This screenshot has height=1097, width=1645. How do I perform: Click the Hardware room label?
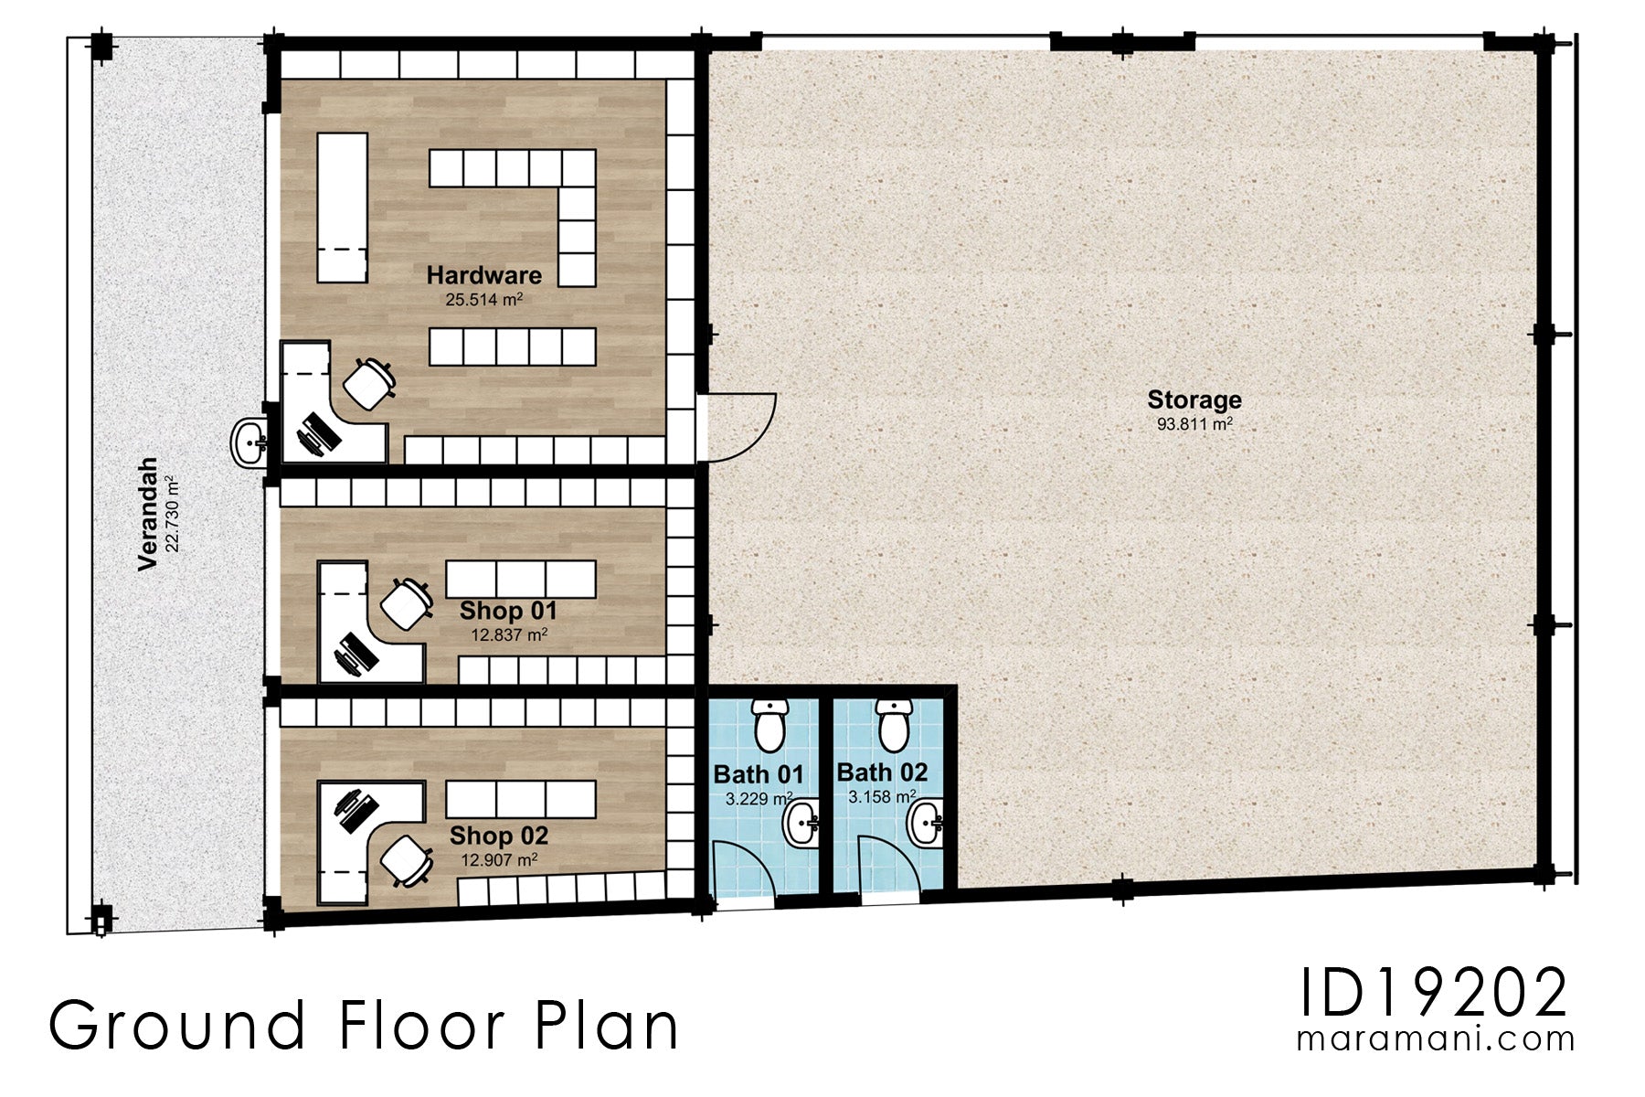[483, 274]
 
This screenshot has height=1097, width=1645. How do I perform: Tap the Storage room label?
[1194, 399]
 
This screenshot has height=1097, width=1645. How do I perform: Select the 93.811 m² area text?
[1194, 424]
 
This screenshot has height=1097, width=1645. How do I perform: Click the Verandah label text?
[148, 514]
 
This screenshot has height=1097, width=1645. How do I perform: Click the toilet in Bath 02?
[894, 723]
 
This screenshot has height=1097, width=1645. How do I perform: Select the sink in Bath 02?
[925, 822]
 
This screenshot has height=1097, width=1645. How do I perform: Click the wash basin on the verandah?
[248, 443]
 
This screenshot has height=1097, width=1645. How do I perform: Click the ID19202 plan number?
[1433, 994]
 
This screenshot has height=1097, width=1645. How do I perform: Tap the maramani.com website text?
[1435, 1039]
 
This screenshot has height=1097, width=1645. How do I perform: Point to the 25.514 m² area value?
[483, 299]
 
